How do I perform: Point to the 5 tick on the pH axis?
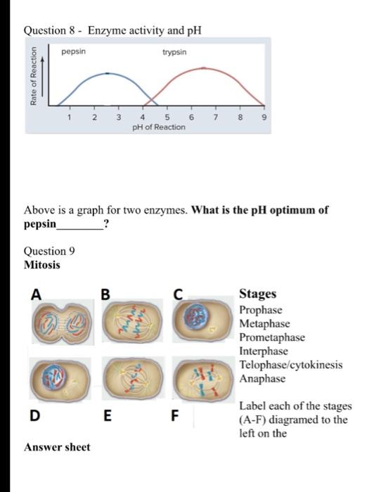[167, 118]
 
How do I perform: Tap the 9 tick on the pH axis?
[263, 118]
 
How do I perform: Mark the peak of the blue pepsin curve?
[105, 72]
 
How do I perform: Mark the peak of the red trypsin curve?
[202, 68]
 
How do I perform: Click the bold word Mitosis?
[42, 265]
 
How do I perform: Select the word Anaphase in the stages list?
[263, 378]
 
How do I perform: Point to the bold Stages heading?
[258, 294]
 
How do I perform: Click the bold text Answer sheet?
[57, 447]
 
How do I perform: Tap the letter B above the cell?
[106, 294]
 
